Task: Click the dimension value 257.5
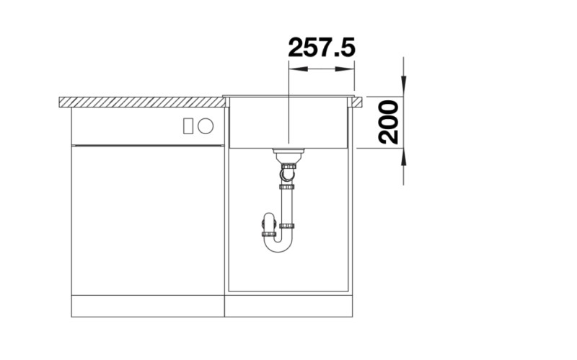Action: click(x=321, y=48)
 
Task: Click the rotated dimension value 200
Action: click(x=387, y=123)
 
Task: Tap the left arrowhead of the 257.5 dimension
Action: click(x=293, y=70)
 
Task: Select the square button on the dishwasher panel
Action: click(x=189, y=126)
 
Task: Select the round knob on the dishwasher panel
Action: click(x=206, y=126)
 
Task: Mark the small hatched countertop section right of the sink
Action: click(x=357, y=102)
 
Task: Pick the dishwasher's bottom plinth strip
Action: click(x=147, y=306)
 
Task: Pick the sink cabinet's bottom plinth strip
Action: click(x=288, y=306)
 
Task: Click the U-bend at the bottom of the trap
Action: click(x=278, y=245)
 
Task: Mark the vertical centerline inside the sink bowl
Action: click(x=288, y=123)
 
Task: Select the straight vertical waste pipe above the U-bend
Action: click(x=289, y=206)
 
